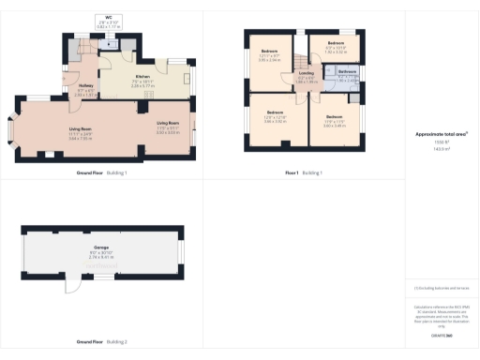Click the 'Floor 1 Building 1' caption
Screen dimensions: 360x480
(304, 173)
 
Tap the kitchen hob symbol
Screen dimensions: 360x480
(187, 79)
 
